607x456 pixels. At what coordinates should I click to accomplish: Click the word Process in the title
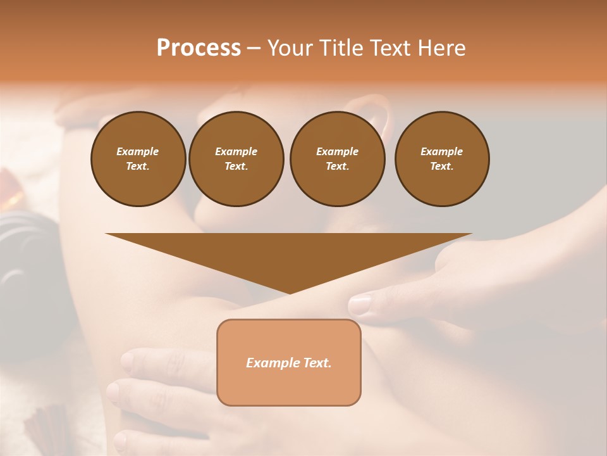[199, 47]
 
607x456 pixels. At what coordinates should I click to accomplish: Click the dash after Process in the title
[254, 49]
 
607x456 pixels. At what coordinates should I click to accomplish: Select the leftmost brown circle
[138, 159]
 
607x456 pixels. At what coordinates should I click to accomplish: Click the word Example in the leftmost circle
[138, 151]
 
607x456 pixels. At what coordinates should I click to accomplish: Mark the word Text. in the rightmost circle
[442, 166]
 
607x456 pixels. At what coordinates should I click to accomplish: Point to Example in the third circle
[338, 151]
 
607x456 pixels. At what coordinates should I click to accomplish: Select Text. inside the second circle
[236, 166]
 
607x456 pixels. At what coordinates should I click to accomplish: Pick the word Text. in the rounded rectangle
[319, 363]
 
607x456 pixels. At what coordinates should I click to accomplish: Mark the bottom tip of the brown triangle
[290, 292]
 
